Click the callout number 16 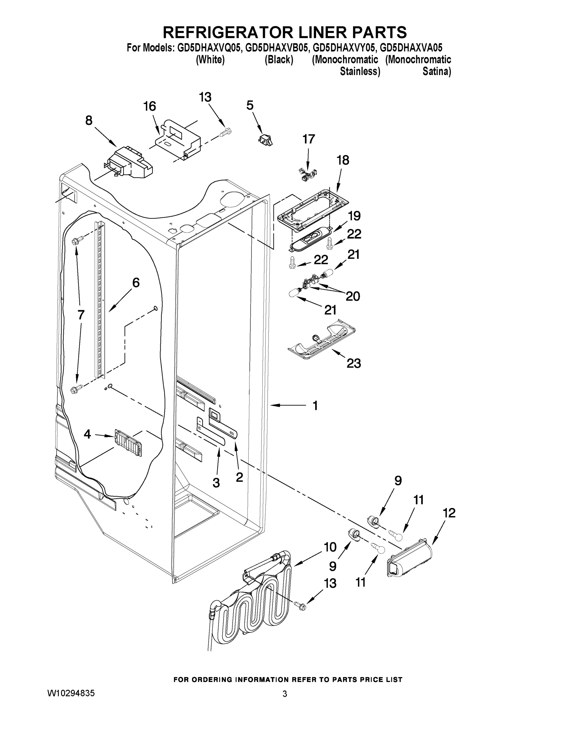[150, 106]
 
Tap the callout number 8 [89, 120]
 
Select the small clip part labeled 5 [265, 139]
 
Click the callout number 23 [354, 364]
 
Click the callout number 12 [449, 513]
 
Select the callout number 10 [330, 547]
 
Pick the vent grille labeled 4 [128, 443]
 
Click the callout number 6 [136, 283]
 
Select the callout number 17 [309, 139]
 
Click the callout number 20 [353, 296]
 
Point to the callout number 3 [216, 483]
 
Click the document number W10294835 [71, 693]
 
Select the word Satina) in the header [436, 72]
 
